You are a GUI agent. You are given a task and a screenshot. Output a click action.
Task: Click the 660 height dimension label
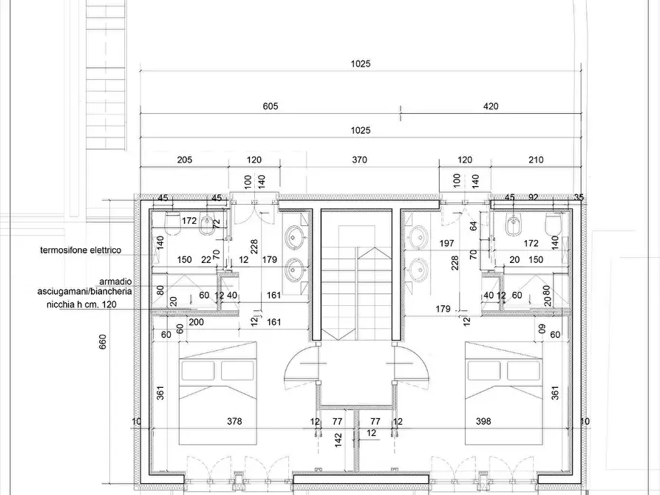tap(103, 341)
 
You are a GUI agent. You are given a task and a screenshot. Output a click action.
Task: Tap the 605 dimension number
tap(271, 106)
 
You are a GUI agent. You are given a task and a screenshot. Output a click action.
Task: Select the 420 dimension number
tap(491, 106)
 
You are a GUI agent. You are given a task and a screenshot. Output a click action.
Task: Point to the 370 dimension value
tap(359, 160)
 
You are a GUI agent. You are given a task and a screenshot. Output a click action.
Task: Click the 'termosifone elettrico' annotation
tap(81, 250)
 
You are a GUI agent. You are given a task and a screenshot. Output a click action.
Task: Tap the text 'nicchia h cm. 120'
tap(81, 304)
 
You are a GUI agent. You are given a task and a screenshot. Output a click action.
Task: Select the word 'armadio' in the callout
tap(115, 281)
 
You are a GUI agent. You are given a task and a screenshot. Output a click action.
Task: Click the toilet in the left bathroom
tap(173, 224)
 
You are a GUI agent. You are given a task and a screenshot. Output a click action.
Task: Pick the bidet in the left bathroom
tap(206, 225)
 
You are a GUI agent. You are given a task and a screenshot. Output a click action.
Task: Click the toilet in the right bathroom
tap(553, 224)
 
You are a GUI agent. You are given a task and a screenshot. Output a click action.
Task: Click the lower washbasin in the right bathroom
tap(418, 269)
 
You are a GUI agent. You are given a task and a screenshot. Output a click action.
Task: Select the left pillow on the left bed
tap(199, 370)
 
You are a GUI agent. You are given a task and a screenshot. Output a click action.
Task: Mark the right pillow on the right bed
tap(523, 370)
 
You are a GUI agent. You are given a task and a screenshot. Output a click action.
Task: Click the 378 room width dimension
tap(234, 421)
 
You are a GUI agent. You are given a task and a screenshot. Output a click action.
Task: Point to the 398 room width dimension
tap(483, 421)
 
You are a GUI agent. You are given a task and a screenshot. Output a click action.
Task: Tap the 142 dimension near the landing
tap(338, 440)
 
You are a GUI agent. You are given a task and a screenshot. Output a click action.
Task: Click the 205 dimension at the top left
tap(184, 160)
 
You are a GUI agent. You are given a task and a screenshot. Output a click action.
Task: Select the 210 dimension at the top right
tap(535, 160)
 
